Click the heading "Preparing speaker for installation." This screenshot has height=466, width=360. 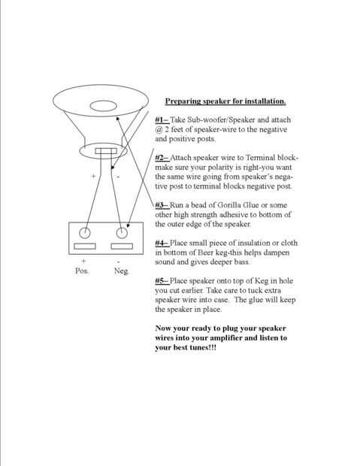(225, 101)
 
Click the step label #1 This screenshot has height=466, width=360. (162, 120)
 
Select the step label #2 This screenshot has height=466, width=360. (162, 158)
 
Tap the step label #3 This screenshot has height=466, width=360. (162, 205)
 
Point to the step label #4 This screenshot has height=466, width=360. (162, 243)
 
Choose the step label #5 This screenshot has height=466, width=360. (162, 281)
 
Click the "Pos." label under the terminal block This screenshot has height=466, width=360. (82, 271)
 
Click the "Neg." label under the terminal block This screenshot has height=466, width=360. (121, 271)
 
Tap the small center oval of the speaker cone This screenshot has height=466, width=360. (103, 106)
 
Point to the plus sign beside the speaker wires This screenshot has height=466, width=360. (93, 176)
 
